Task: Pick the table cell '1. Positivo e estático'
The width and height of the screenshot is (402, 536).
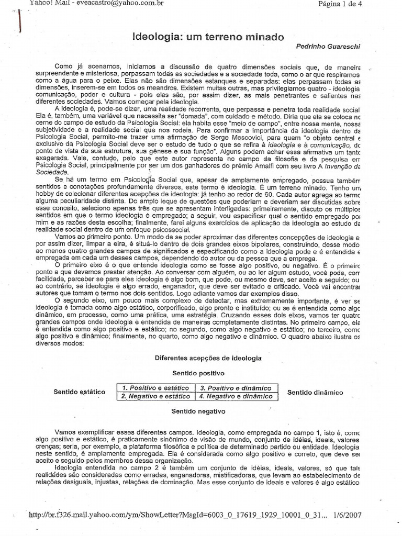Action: pyautogui.click(x=155, y=388)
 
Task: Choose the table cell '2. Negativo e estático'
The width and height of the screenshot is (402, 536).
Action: pyautogui.click(x=155, y=396)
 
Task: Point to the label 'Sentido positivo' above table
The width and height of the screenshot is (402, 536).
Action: pyautogui.click(x=198, y=373)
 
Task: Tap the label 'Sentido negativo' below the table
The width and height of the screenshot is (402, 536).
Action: pyautogui.click(x=198, y=411)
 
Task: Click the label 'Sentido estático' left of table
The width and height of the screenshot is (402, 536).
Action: pyautogui.click(x=80, y=392)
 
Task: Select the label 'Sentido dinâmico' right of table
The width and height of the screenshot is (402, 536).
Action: pyautogui.click(x=315, y=392)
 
